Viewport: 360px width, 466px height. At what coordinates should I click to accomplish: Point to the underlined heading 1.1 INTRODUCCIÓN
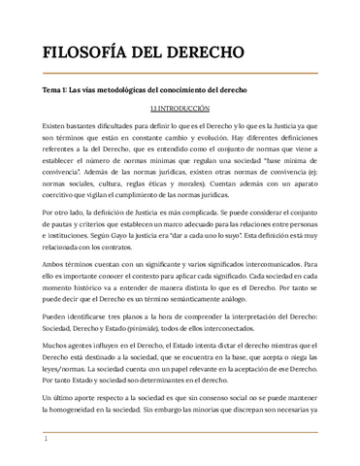(x=180, y=111)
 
